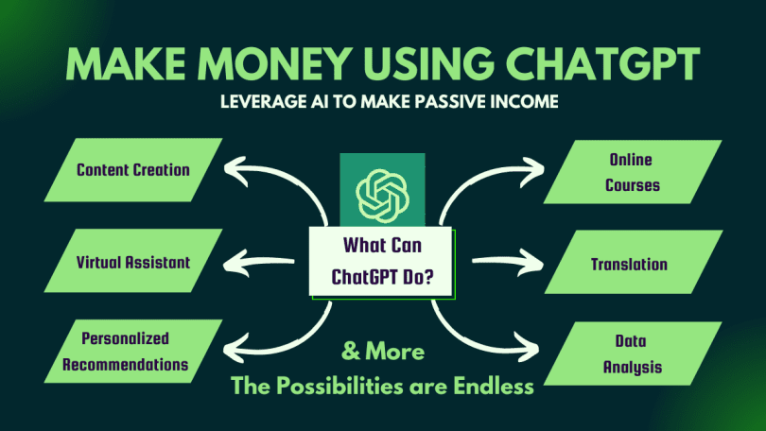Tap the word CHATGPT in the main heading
(602, 63)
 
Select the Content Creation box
(133, 170)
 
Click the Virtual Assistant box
(133, 261)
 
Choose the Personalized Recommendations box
(133, 352)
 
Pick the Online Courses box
(633, 172)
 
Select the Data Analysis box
(633, 353)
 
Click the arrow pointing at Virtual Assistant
(259, 263)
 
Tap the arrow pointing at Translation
(508, 263)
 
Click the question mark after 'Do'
(427, 277)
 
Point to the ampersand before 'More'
(351, 351)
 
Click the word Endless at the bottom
(494, 386)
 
